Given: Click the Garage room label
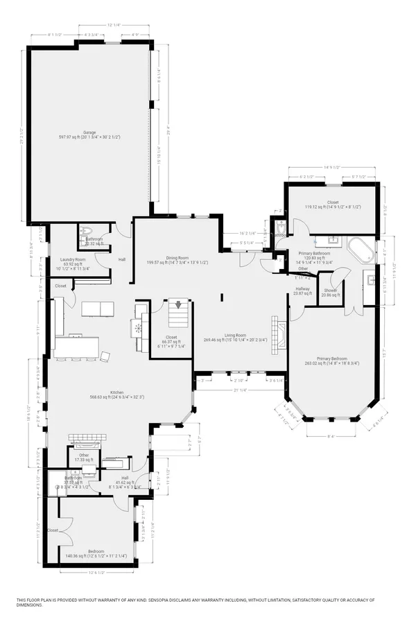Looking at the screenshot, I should pos(90,131).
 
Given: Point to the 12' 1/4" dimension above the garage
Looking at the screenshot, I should pos(114,25).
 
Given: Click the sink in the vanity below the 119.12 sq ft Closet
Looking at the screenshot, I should pos(332,239).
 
